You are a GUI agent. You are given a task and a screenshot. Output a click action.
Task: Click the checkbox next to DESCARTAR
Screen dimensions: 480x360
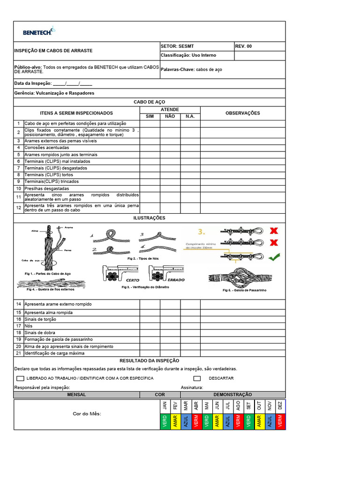[197, 378]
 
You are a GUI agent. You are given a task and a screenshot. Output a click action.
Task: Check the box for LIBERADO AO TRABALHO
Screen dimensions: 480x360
[20, 378]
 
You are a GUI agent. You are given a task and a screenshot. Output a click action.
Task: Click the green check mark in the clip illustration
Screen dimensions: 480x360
[274, 256]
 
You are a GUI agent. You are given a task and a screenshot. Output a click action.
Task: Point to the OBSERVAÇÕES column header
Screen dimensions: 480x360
[242, 113]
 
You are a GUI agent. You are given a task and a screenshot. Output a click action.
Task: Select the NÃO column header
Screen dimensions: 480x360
[170, 116]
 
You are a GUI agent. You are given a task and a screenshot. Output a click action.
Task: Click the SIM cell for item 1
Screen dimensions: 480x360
[150, 123]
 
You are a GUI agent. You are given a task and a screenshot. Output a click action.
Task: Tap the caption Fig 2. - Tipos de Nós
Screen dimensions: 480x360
[143, 258]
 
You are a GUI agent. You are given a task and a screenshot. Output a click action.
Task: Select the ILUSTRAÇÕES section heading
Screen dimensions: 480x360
[149, 218]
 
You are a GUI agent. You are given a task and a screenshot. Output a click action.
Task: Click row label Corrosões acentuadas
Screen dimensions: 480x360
[47, 148]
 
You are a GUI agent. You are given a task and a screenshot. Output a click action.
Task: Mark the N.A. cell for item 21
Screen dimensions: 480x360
[190, 353]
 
